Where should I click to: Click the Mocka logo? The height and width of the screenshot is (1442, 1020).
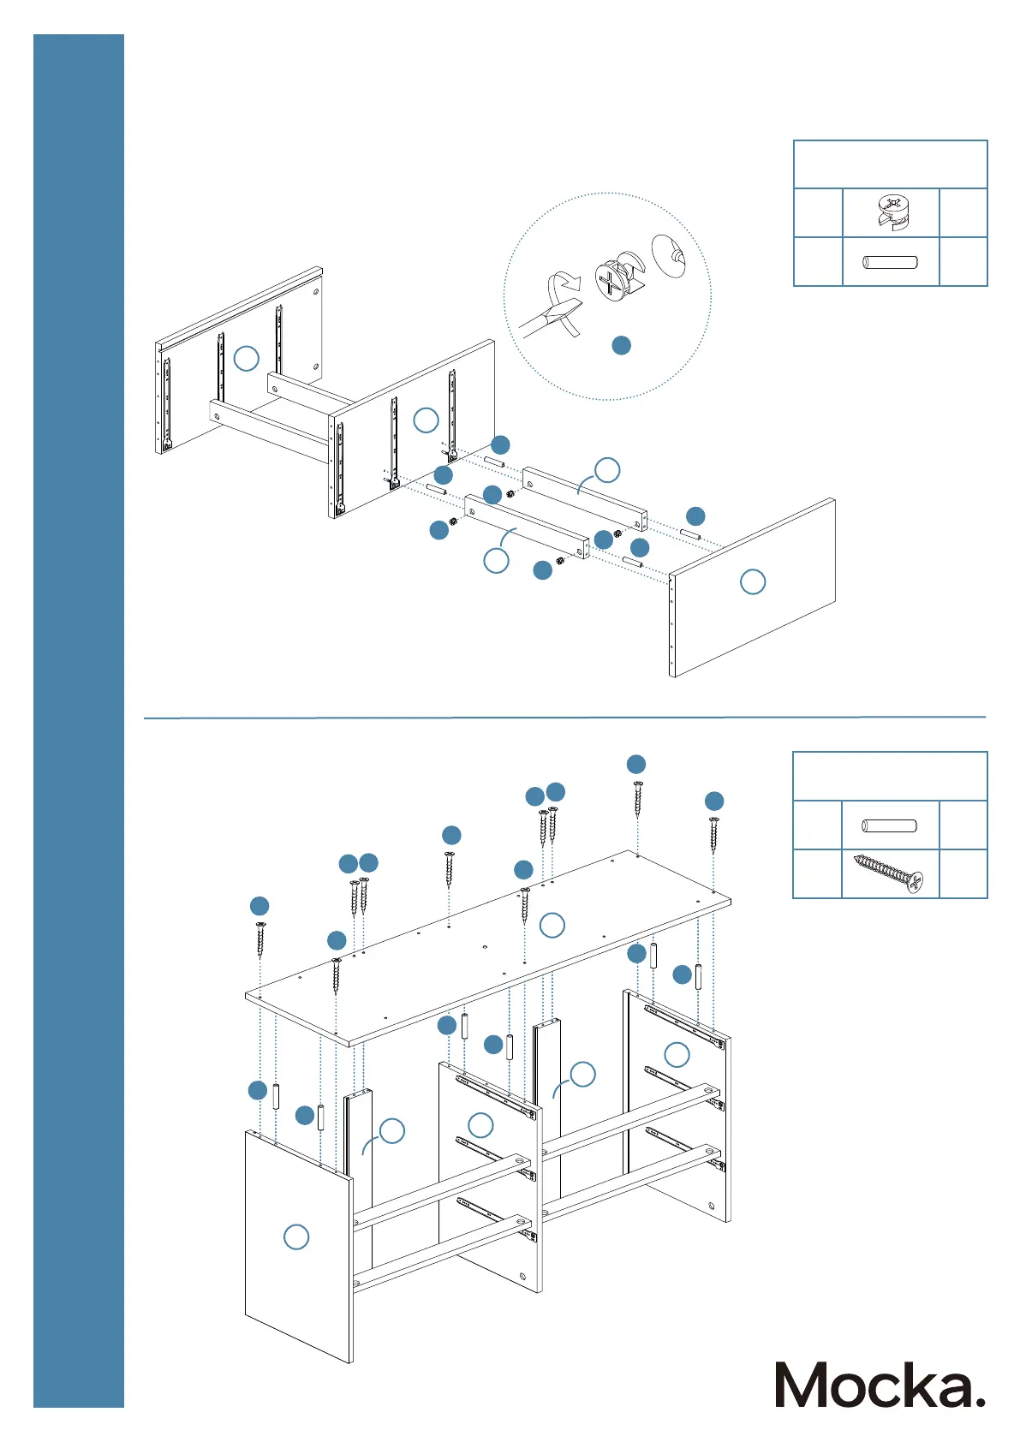pyautogui.click(x=880, y=1385)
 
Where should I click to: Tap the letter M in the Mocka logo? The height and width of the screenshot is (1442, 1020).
pyautogui.click(x=805, y=1385)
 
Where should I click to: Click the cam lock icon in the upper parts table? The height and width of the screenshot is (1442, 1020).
pyautogui.click(x=891, y=212)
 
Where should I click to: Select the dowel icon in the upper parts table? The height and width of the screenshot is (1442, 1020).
pyautogui.click(x=891, y=262)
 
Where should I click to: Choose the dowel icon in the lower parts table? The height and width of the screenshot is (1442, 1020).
pyautogui.click(x=890, y=826)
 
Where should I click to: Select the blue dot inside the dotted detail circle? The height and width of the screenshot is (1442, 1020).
pyautogui.click(x=622, y=345)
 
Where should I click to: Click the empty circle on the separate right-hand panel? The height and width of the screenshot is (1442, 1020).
pyautogui.click(x=752, y=582)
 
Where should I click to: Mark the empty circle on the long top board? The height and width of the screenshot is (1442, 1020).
pyautogui.click(x=552, y=925)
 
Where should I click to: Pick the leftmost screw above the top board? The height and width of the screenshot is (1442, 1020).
pyautogui.click(x=259, y=939)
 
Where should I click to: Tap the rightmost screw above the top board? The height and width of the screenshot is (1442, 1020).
pyautogui.click(x=713, y=834)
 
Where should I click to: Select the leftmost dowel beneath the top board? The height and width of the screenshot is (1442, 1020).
pyautogui.click(x=276, y=1096)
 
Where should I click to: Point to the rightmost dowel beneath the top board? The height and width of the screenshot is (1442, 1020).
pyautogui.click(x=699, y=976)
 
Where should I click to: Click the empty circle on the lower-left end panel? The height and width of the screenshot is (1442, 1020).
pyautogui.click(x=296, y=1236)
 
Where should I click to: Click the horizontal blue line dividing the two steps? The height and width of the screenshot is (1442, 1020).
pyautogui.click(x=564, y=718)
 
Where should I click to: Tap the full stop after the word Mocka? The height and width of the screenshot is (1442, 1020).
pyautogui.click(x=980, y=1401)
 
